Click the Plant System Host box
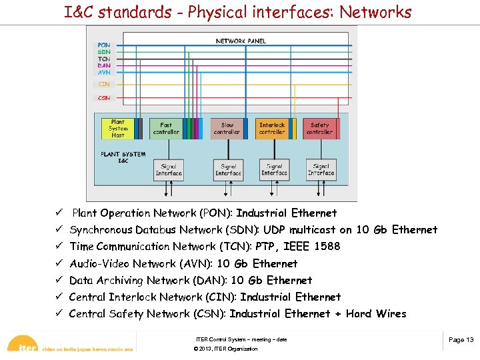(118, 129)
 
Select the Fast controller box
(166, 129)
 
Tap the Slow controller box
(227, 129)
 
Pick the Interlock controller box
(272, 129)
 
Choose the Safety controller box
(320, 129)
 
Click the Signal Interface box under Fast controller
(169, 170)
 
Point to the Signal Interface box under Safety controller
(321, 170)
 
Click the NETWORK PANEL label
(241, 41)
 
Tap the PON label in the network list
(104, 45)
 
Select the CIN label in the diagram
(104, 85)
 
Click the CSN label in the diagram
(104, 98)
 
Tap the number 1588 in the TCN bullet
(327, 247)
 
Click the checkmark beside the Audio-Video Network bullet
(59, 264)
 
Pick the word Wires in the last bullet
(391, 314)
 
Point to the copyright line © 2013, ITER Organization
(225, 349)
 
